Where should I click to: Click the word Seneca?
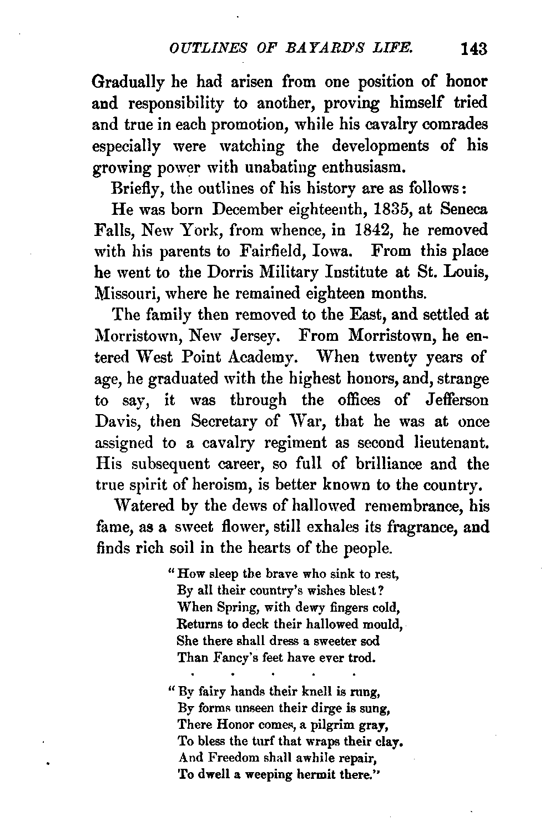(465, 210)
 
